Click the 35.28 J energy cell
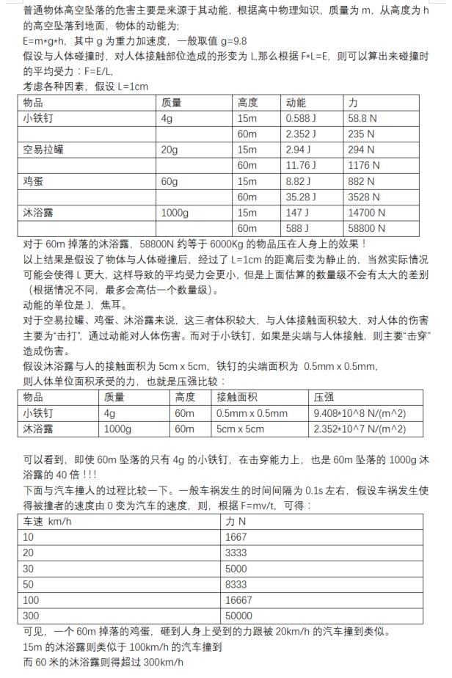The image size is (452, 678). (301, 197)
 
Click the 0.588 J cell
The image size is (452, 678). (301, 118)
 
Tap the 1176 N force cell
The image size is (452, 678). (364, 165)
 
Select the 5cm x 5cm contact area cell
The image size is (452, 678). (241, 429)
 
